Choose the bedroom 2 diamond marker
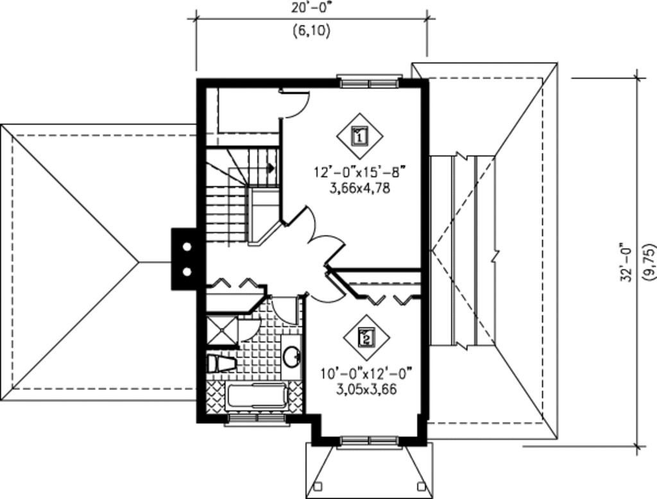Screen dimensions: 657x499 (x=366, y=338)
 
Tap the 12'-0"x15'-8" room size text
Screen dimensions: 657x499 (x=361, y=172)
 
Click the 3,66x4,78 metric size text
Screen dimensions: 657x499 (x=360, y=189)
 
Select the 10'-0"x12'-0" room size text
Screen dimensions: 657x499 (x=367, y=373)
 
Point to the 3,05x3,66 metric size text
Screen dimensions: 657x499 (x=366, y=390)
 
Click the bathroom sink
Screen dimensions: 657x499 (x=292, y=356)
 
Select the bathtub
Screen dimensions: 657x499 (x=257, y=396)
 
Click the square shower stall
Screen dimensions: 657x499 (x=222, y=331)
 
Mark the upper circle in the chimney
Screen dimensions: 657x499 (x=187, y=247)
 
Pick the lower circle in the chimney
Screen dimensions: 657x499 (x=187, y=272)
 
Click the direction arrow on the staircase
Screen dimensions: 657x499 (x=271, y=168)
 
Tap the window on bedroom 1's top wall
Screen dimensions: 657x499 (x=369, y=81)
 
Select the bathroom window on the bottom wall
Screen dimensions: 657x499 (x=257, y=419)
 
